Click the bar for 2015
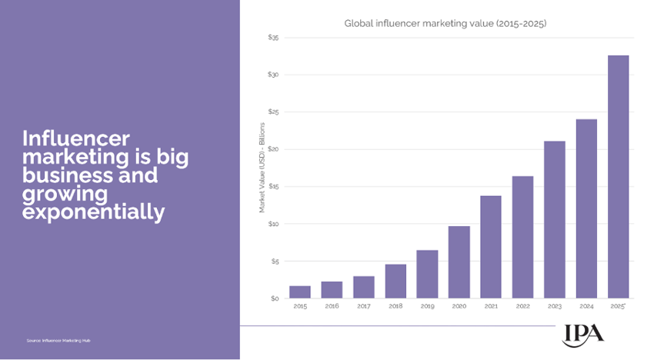tap(300, 292)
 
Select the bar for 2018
tap(395, 282)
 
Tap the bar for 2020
tap(459, 262)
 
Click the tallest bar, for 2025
tap(618, 177)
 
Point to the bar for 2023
tap(555, 220)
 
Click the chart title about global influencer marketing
tap(445, 24)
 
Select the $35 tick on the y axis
tap(273, 37)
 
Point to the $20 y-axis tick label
tap(273, 149)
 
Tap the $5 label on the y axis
tap(275, 262)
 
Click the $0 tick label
tap(275, 298)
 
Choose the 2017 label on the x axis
tap(364, 306)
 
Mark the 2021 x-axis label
tap(491, 306)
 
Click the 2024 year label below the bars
tap(586, 306)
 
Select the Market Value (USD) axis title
tap(262, 168)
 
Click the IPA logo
tap(583, 334)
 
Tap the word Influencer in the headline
tap(76, 138)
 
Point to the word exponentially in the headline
tap(93, 212)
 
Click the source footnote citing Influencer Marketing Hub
tap(58, 340)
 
